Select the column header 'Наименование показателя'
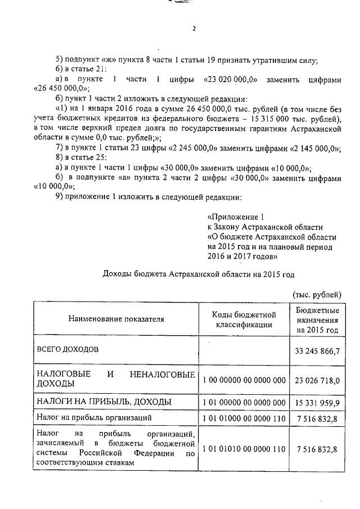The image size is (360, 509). point(116,319)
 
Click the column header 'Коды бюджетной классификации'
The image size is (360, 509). point(244,319)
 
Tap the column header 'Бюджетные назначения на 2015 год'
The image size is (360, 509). point(317,319)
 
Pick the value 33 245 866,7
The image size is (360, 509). point(317,352)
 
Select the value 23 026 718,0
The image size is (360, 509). point(317,380)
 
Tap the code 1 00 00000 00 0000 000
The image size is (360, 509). point(244,380)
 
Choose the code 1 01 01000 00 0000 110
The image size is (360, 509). point(244,418)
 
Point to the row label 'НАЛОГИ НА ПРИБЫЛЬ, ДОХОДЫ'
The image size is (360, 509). point(103,402)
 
